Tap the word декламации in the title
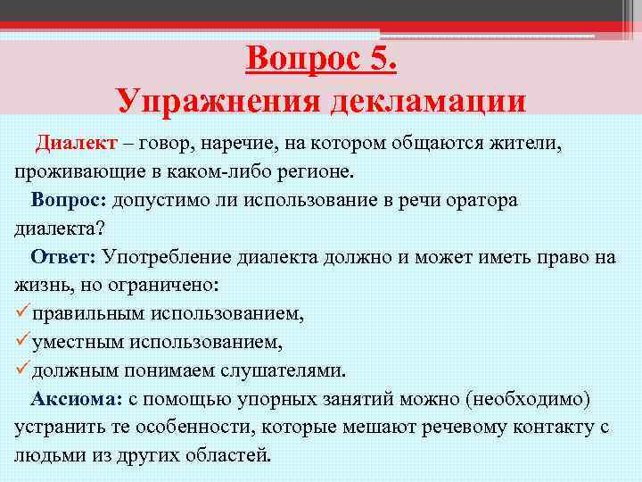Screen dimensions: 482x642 point(428,100)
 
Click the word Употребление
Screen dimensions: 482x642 point(166,257)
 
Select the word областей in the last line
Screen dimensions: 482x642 point(226,454)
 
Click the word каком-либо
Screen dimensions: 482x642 point(188,171)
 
